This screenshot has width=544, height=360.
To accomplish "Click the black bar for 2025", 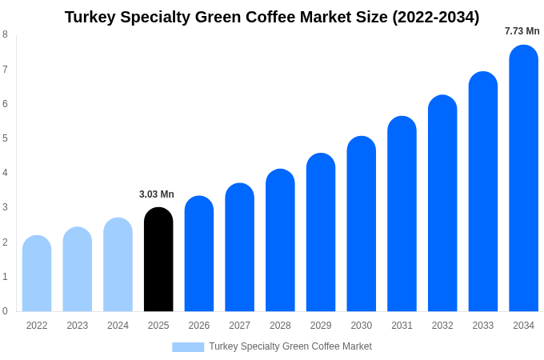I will click(x=158, y=260).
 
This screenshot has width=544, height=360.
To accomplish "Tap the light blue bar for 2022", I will click(x=37, y=274).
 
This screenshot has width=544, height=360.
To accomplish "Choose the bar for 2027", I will click(x=239, y=247).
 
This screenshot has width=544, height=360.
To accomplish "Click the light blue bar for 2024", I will click(x=118, y=265).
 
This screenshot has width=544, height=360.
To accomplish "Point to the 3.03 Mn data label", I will click(x=157, y=194).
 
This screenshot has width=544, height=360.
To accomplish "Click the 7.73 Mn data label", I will click(x=522, y=31).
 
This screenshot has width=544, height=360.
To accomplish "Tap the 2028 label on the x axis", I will click(x=280, y=326).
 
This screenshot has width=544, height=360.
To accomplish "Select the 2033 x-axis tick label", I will click(x=482, y=326).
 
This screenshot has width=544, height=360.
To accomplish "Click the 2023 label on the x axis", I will click(x=78, y=326).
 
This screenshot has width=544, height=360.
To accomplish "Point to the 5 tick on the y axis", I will click(x=5, y=138).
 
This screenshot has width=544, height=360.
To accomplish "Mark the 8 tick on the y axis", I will click(x=5, y=34).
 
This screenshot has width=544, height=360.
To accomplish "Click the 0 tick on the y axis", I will click(x=5, y=311).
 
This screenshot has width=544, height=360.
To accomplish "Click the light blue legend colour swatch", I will click(x=188, y=347).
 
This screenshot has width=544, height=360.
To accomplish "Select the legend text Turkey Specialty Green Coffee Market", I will click(x=290, y=346).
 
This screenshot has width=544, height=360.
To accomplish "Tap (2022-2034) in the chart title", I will click(x=435, y=17).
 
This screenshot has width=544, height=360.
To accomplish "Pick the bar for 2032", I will click(x=442, y=203).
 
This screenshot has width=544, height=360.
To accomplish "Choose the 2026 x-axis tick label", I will click(x=199, y=326).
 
